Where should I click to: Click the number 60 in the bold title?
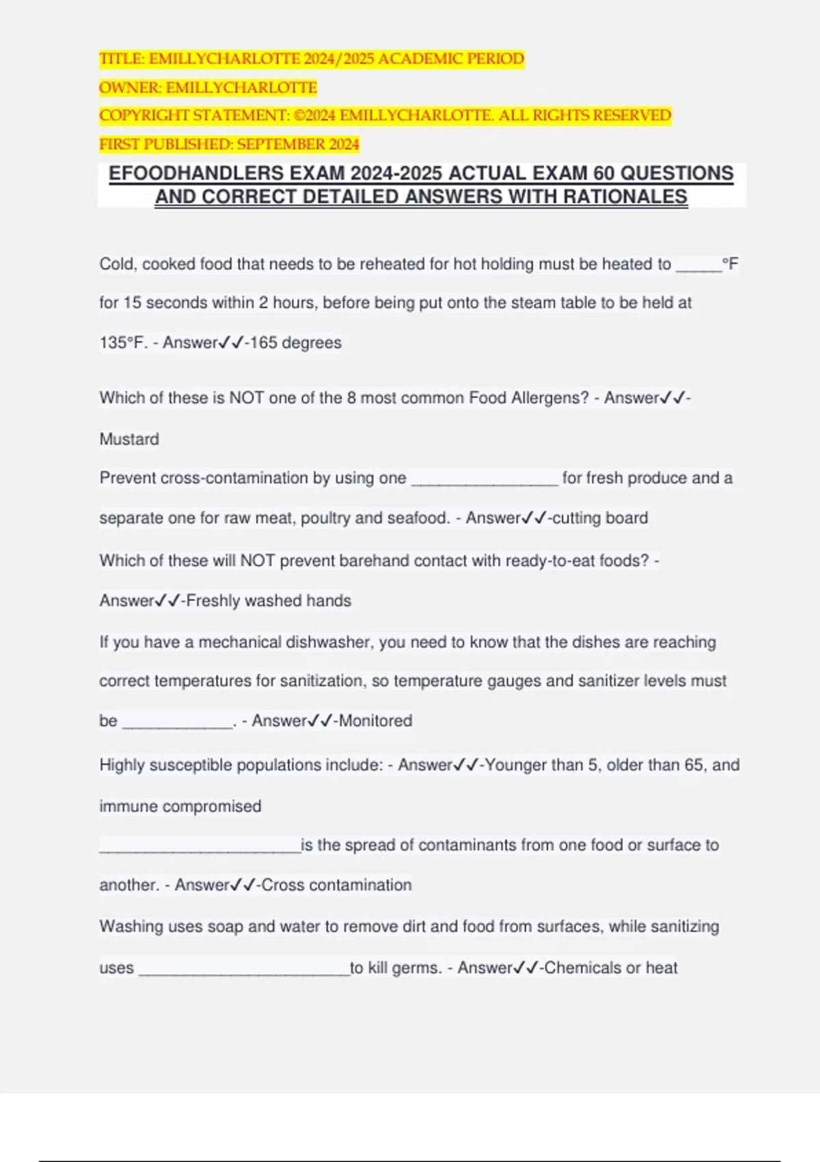tap(604, 174)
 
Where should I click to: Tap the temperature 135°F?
tap(123, 342)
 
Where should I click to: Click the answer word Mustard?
tap(129, 439)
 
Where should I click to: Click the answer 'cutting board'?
tap(600, 518)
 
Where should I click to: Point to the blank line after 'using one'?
tap(484, 480)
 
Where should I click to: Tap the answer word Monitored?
tap(375, 720)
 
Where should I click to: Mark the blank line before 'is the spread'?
tap(200, 848)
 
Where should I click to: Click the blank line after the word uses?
tap(244, 971)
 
